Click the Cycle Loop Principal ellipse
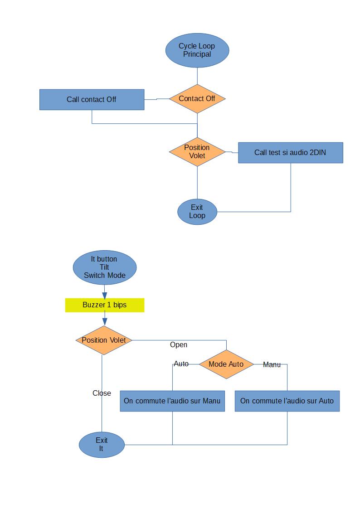coord(197,50)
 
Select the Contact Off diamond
coord(197,98)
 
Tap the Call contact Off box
coord(92,99)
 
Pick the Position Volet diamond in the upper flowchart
coord(197,151)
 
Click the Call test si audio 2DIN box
coord(290,153)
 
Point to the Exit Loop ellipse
coord(197,212)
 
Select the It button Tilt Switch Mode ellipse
coord(104,267)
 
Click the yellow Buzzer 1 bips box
coord(104,305)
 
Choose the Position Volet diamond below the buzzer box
coord(104,340)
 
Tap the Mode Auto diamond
coord(226,364)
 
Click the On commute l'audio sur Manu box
coord(172,401)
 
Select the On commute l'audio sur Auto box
coord(287,401)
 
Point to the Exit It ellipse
coord(102,444)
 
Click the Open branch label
coord(179,345)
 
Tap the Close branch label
coord(102,393)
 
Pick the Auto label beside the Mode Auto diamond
coord(181,364)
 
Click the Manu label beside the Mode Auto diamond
coord(272,365)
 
